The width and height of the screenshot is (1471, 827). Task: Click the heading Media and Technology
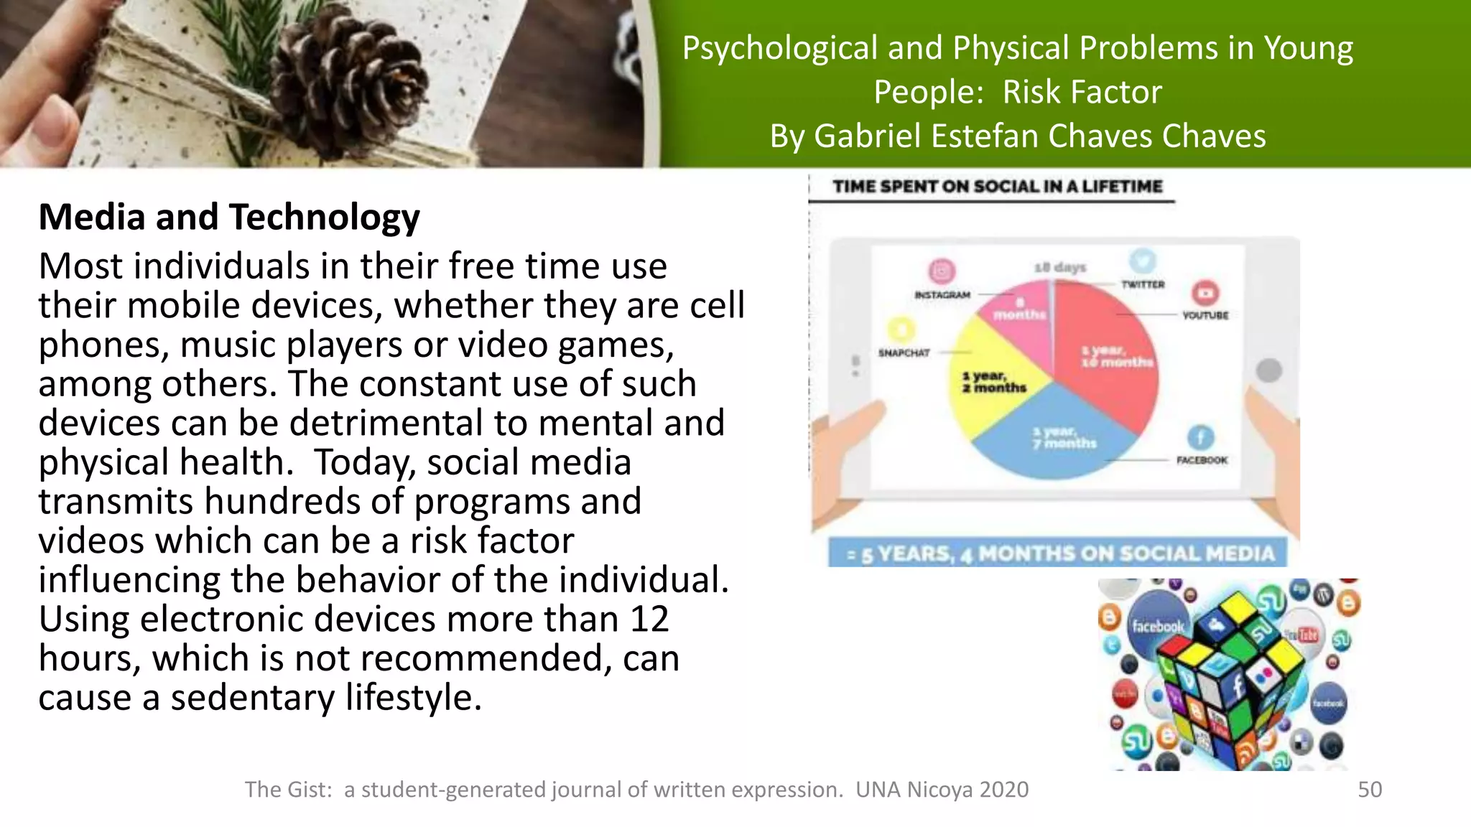pyautogui.click(x=229, y=217)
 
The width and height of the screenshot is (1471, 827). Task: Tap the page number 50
pyautogui.click(x=1369, y=789)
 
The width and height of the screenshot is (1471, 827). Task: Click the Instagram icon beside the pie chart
pyautogui.click(x=942, y=271)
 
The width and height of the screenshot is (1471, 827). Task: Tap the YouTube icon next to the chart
pyautogui.click(x=1205, y=293)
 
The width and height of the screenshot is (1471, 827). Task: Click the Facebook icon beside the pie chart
pyautogui.click(x=1200, y=437)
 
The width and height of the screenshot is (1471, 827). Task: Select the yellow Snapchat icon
pyautogui.click(x=901, y=330)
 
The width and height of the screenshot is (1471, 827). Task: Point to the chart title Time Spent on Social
pyautogui.click(x=997, y=187)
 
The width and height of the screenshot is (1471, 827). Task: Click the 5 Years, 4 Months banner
pyautogui.click(x=1059, y=553)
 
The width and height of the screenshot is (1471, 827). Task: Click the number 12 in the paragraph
pyautogui.click(x=649, y=619)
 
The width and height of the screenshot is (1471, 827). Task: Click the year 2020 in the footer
pyautogui.click(x=1003, y=789)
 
